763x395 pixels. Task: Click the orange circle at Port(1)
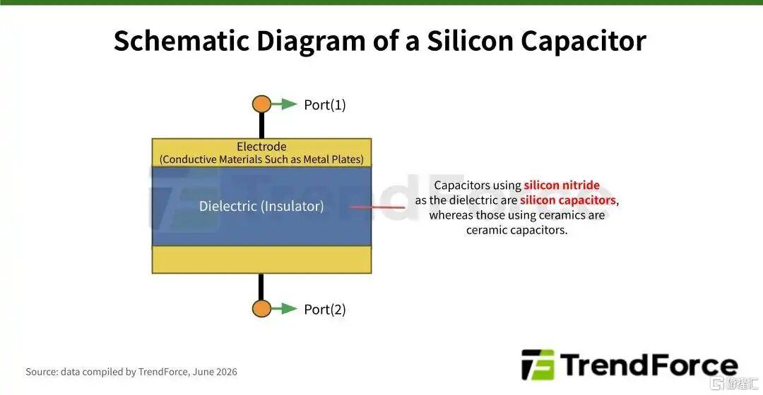pos(262,104)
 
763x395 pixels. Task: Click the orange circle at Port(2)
pos(262,308)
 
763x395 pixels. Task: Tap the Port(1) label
pos(324,105)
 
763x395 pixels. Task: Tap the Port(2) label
pos(324,310)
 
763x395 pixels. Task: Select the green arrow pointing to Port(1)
pos(284,104)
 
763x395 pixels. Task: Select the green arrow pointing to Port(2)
pos(284,308)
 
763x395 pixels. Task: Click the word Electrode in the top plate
pos(262,146)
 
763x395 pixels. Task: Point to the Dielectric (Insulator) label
pos(261,206)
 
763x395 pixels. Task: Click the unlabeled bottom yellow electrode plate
pos(262,260)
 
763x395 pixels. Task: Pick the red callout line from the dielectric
pos(377,207)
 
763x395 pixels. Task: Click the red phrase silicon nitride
pos(562,185)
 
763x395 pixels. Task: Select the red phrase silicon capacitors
pos(568,200)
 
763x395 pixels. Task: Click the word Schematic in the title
pos(182,41)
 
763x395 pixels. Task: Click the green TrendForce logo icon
pos(538,365)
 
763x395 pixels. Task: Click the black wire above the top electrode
pos(262,126)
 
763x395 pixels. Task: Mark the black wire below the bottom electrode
pos(261,286)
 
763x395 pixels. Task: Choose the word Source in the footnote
pos(42,372)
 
